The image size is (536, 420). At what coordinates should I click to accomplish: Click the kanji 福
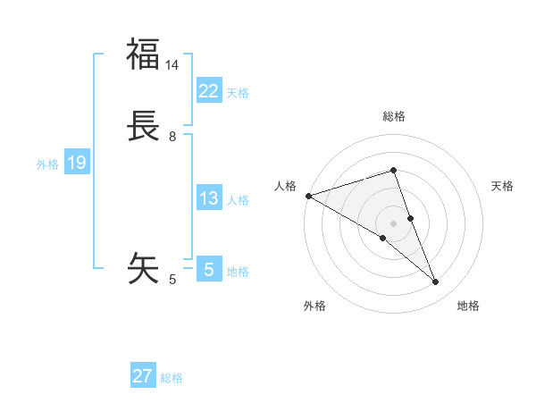click(143, 55)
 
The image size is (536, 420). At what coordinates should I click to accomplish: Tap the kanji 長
click(143, 126)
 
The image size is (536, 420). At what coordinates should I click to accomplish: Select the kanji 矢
click(143, 267)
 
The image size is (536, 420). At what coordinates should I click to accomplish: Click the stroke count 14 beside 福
click(172, 65)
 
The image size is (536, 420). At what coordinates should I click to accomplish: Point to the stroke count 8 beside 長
click(172, 137)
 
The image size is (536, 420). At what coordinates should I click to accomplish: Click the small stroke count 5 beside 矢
click(172, 280)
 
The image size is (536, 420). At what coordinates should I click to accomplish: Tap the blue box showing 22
click(208, 90)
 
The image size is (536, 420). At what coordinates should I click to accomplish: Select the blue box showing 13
click(208, 198)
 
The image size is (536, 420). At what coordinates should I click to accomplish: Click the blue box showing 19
click(77, 163)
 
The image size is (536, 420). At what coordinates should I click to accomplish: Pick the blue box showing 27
click(143, 376)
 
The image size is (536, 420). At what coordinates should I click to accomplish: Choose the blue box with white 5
click(208, 270)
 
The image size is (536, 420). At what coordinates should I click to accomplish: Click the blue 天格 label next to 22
click(238, 93)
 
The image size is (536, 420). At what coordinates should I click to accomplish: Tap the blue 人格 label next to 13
click(238, 200)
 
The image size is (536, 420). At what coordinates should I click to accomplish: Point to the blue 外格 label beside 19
click(47, 164)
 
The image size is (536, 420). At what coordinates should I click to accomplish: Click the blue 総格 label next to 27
click(172, 378)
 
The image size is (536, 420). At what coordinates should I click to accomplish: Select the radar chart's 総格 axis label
click(394, 116)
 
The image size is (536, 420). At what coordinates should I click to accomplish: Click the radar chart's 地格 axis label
click(468, 306)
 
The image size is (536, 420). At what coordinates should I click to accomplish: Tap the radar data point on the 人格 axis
click(308, 195)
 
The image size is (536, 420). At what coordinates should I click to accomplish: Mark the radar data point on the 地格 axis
click(436, 282)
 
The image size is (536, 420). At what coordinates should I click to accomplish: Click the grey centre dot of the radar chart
click(394, 223)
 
